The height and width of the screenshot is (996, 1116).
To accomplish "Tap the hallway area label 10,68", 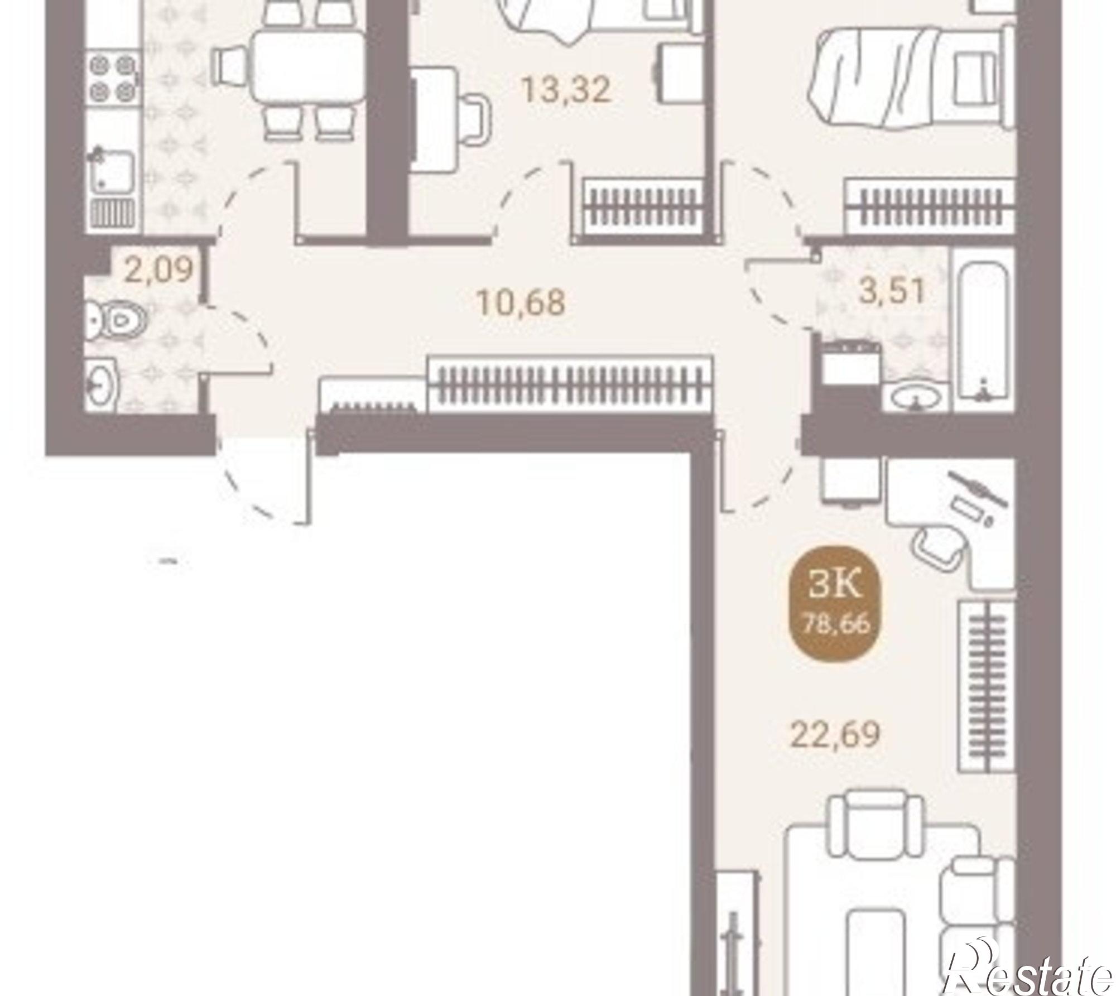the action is tap(521, 302).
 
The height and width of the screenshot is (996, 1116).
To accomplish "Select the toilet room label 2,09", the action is tap(158, 270).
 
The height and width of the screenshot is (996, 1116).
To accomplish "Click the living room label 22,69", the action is tap(835, 734).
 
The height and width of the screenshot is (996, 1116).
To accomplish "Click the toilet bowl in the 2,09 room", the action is tap(118, 321).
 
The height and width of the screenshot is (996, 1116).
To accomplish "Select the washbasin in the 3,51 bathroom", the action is tap(916, 397).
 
